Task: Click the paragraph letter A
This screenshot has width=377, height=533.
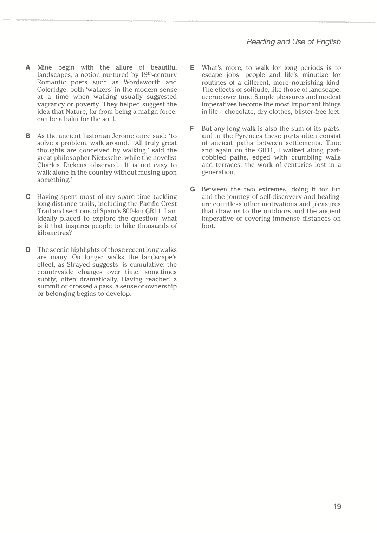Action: point(28,67)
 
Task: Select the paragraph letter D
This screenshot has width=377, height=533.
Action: point(28,250)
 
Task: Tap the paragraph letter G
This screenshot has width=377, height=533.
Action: point(192,189)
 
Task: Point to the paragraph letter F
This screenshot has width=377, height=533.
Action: point(192,129)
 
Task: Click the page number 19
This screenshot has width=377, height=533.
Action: point(337,506)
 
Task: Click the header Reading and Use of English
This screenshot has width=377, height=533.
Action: point(293,42)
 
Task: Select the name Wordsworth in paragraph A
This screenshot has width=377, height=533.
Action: point(142,82)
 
